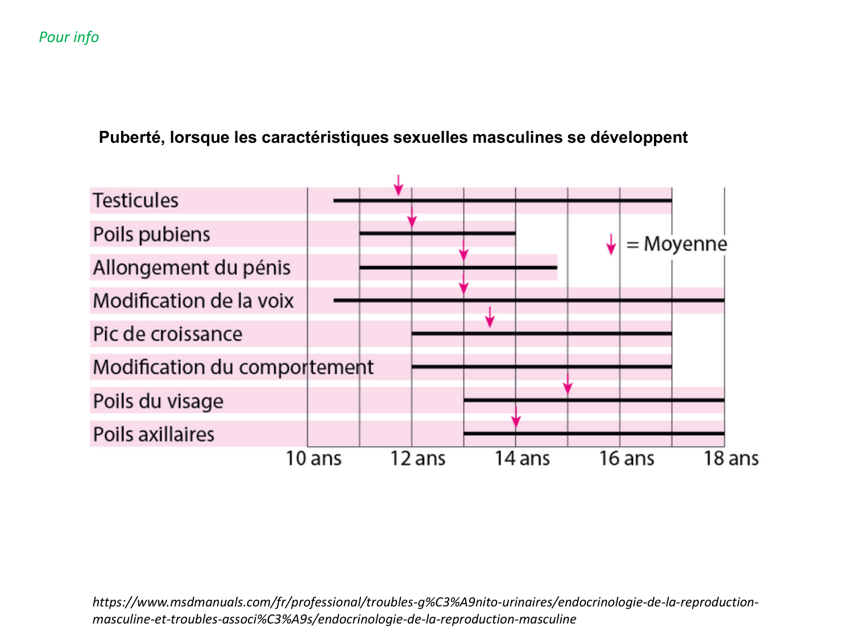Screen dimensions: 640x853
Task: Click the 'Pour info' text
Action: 69,38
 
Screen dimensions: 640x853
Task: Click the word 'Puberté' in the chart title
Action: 130,138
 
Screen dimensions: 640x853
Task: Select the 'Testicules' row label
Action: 135,201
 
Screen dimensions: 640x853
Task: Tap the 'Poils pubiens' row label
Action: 151,234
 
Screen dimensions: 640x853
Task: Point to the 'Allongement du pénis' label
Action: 192,268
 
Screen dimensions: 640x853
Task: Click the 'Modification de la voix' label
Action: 193,301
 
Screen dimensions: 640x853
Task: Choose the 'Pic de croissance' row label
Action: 168,334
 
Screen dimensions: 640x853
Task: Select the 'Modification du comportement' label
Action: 233,368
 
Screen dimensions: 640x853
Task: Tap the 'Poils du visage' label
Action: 158,401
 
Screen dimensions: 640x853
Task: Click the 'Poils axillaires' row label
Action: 154,435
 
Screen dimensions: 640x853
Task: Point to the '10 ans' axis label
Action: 313,459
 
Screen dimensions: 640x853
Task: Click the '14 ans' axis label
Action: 522,459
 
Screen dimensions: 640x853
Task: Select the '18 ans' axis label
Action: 731,459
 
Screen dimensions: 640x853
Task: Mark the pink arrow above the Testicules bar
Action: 399,185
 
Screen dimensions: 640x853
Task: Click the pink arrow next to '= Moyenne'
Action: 611,245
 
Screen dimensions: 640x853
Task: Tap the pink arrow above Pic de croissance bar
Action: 490,317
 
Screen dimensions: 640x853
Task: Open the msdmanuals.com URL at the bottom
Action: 425,610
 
